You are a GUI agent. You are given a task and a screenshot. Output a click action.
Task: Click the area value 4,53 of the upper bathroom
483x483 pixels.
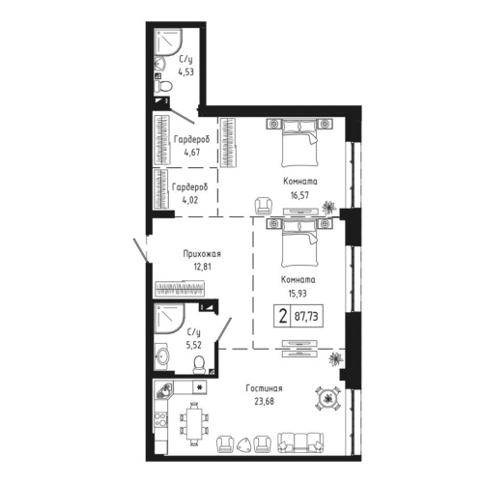(185, 69)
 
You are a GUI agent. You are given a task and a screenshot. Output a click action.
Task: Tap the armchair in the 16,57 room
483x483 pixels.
(262, 206)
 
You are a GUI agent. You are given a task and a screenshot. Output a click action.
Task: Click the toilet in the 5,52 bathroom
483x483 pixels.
(199, 362)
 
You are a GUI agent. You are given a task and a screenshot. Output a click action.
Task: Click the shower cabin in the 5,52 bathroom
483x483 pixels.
(170, 319)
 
